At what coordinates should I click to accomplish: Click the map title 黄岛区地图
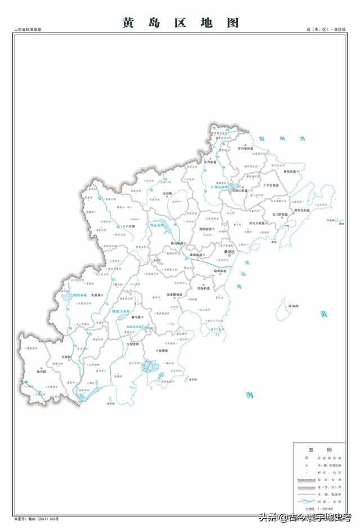point(180,22)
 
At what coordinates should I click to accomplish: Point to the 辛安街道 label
point(271,185)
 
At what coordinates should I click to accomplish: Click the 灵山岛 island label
point(292,306)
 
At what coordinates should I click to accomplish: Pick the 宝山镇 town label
point(167,194)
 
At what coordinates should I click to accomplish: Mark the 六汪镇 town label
point(129,226)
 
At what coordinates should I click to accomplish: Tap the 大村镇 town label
point(94,295)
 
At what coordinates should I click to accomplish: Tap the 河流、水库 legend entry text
point(332,500)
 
